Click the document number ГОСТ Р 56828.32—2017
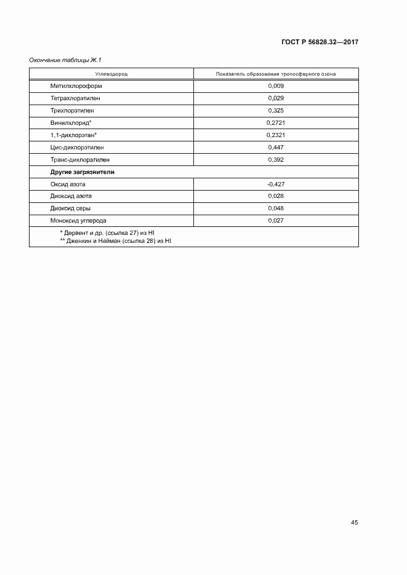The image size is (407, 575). coord(320,42)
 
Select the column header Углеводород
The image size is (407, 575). coord(111,74)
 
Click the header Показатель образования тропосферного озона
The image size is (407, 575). coord(275,74)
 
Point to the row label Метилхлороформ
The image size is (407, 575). coord(76,86)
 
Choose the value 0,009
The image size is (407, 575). coord(276,86)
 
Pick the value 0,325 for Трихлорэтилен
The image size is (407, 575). coord(276,111)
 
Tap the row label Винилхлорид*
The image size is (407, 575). coord(70,123)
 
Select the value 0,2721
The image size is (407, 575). coord(276,123)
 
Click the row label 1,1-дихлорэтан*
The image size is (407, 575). coord(74,135)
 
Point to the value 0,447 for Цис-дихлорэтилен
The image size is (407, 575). coord(276,148)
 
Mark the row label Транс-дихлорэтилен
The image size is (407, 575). coord(80,160)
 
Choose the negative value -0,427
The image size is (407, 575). coord(276,184)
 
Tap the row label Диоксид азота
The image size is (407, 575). coord(71,196)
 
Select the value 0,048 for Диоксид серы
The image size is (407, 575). coord(276,208)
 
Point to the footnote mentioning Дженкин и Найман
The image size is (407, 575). coord(115,240)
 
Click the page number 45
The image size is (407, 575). coord(354,523)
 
